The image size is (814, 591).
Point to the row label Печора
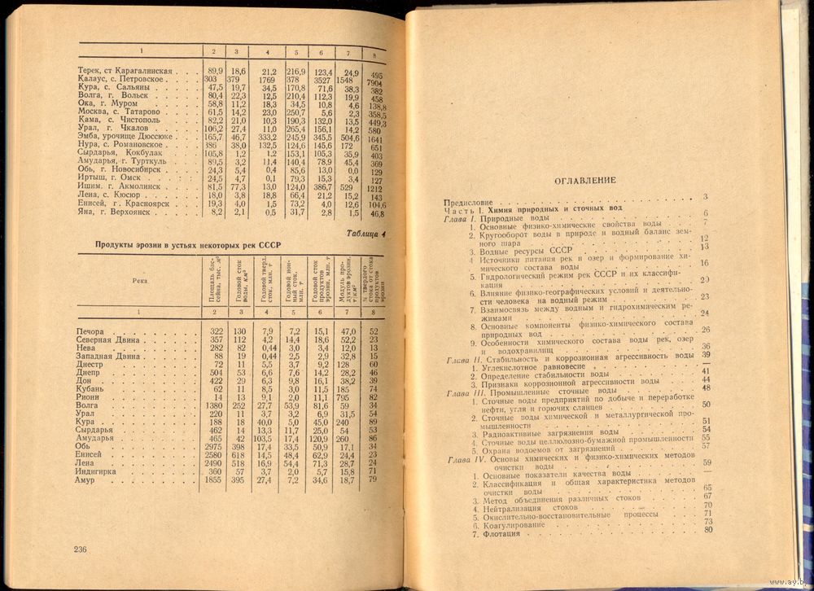click(90, 331)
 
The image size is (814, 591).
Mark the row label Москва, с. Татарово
click(113, 112)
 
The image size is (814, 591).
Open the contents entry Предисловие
click(469, 198)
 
